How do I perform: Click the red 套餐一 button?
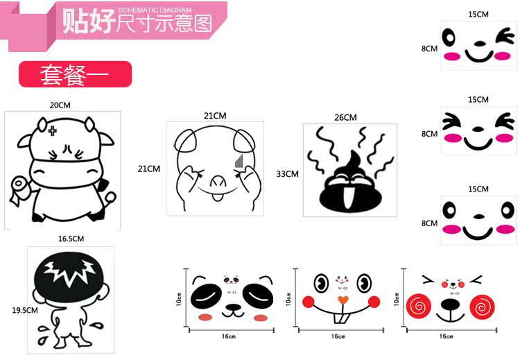click(x=74, y=74)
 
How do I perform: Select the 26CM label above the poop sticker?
click(x=345, y=117)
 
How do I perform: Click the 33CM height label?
click(x=287, y=173)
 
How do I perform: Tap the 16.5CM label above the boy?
click(x=71, y=239)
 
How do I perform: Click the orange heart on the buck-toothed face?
click(x=341, y=300)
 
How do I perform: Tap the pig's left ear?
click(x=185, y=143)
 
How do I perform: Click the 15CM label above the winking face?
click(x=478, y=14)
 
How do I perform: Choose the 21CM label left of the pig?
click(x=149, y=169)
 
